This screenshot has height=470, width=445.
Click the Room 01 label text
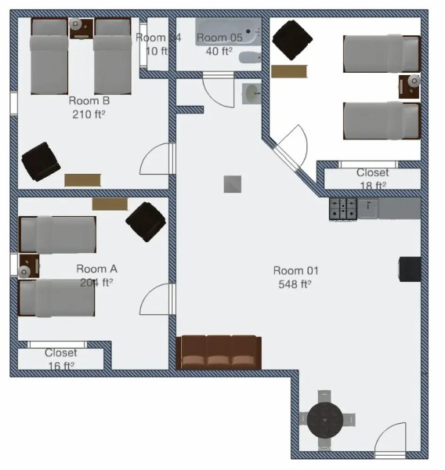[x=296, y=270]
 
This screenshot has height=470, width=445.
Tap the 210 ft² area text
[x=88, y=114]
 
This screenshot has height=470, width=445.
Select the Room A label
[x=96, y=269]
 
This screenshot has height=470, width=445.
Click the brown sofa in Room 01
[x=219, y=352]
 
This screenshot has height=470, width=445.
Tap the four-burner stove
[x=343, y=208]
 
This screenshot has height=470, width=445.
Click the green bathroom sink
[x=251, y=93]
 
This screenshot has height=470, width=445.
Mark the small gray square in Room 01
[x=232, y=184]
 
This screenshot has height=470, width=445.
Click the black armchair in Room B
[x=40, y=161]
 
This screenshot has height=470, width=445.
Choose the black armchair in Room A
[x=146, y=219]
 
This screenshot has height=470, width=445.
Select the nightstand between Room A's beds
[x=27, y=267]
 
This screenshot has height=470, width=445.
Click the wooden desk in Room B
[x=82, y=179]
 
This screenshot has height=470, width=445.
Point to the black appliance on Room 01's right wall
[x=410, y=269]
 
